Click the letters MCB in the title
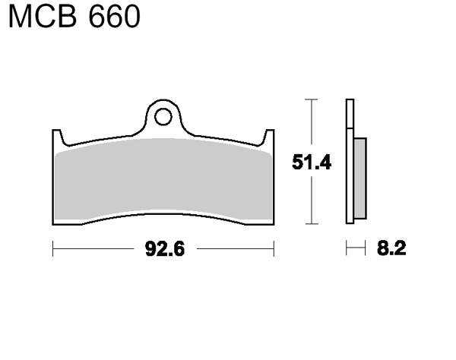[x=43, y=17]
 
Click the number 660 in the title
[x=114, y=17]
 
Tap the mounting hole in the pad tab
[x=163, y=117]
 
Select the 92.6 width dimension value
[x=165, y=249]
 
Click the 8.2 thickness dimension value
[x=391, y=248]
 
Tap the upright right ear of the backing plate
[x=269, y=137]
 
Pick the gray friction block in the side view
[x=360, y=178]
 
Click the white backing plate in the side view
[x=350, y=162]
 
